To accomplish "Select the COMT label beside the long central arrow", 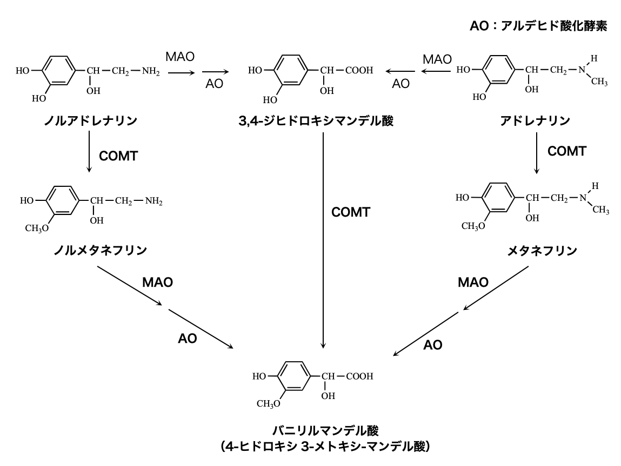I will tap(351, 212).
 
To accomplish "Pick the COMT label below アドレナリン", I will tap(566, 151).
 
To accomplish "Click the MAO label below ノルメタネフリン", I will tap(158, 282).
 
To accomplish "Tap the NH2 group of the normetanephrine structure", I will tap(153, 201).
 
